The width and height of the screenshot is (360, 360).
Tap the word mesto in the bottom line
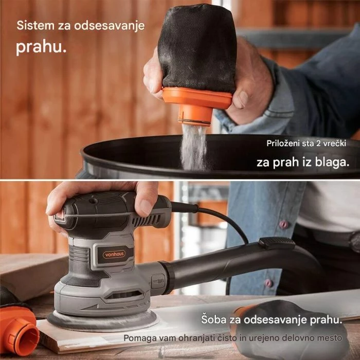pyautogui.click(x=330, y=338)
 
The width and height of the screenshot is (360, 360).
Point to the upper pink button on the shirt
pyautogui.click(x=283, y=224)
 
